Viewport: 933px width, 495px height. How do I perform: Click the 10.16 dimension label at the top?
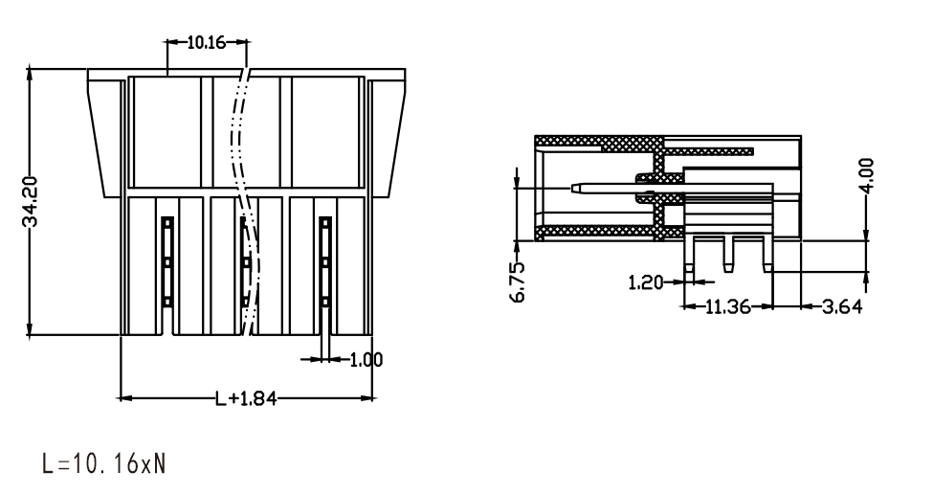click(207, 42)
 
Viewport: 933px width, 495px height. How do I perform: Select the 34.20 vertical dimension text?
click(31, 201)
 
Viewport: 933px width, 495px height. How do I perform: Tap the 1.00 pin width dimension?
click(366, 360)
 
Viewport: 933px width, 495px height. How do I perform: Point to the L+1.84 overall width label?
click(246, 398)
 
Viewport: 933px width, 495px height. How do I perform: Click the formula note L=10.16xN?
click(103, 463)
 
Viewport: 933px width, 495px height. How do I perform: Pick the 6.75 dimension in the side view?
click(519, 282)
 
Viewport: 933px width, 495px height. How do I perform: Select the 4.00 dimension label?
click(867, 175)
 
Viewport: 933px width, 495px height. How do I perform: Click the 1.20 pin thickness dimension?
click(646, 282)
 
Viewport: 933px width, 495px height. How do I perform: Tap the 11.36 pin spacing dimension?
click(727, 307)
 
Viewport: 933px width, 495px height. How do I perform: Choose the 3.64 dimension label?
click(841, 307)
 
